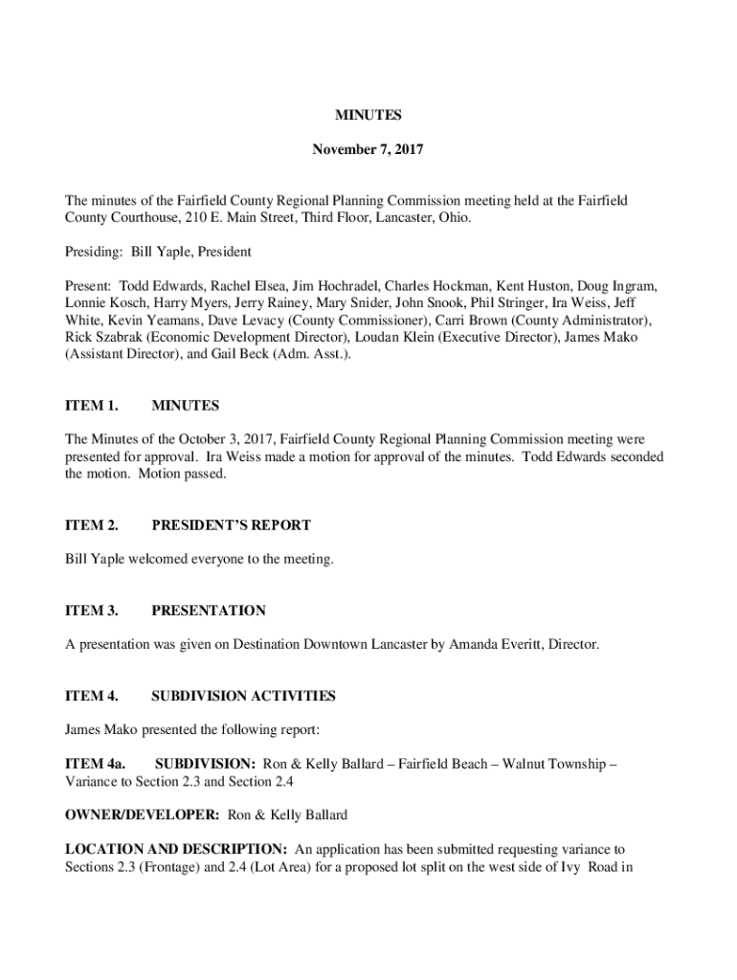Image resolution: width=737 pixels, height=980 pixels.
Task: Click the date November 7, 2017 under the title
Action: [368, 150]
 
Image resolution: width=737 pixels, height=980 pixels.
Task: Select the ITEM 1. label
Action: [92, 406]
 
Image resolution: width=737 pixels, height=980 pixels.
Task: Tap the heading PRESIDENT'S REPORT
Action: [231, 525]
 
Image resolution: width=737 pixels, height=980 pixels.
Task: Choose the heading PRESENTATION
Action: [209, 611]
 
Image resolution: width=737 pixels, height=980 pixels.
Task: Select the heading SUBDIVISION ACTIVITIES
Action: [243, 696]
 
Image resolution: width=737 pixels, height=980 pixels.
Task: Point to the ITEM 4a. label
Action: [96, 765]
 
